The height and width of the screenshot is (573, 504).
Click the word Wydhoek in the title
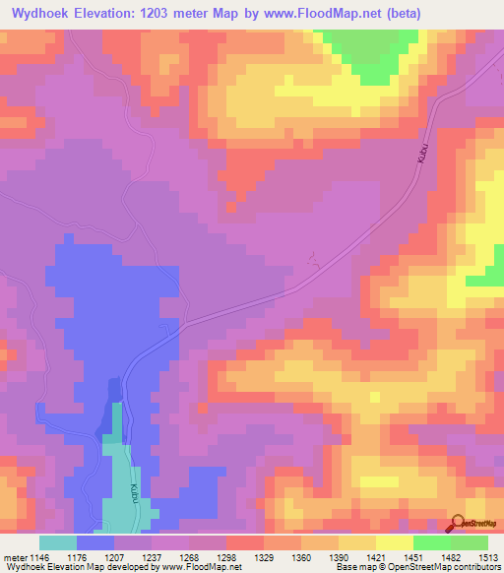coord(38,14)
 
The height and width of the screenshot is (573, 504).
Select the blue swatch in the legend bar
coord(95,542)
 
